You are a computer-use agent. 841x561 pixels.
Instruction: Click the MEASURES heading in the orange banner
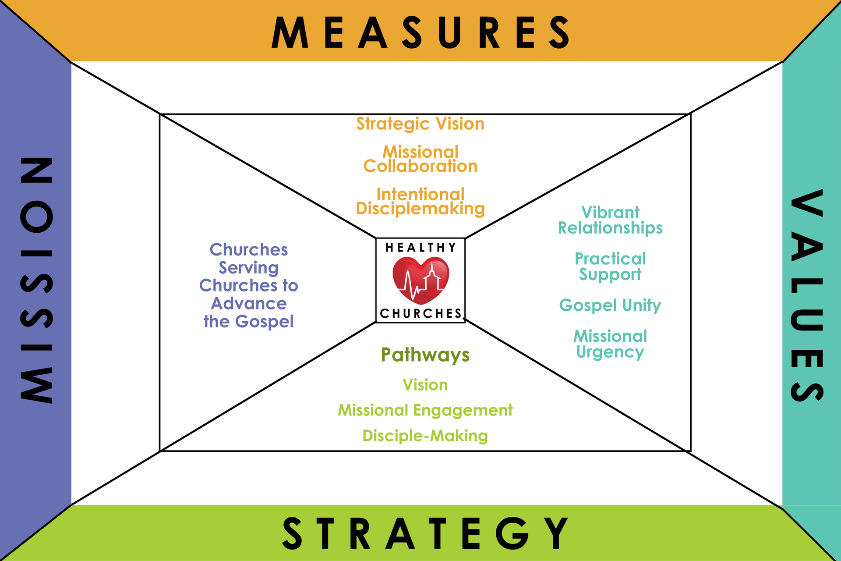tap(420, 32)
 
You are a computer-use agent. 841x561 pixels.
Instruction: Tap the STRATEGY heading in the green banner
tap(425, 533)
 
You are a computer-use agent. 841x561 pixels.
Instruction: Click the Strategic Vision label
tap(420, 124)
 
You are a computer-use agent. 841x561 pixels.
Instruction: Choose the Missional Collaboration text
tap(420, 159)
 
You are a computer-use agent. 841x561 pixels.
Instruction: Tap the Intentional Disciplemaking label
tap(420, 202)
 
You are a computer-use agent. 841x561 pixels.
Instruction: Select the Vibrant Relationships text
tap(610, 220)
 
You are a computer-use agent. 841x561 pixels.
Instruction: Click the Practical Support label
tap(610, 266)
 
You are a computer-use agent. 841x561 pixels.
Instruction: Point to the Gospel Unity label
tap(610, 305)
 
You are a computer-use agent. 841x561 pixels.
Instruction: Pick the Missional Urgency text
tap(610, 344)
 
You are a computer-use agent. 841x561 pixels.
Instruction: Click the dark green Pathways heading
tap(425, 355)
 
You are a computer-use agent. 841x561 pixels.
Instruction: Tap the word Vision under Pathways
tap(425, 385)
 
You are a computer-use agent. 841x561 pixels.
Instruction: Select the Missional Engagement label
tap(425, 410)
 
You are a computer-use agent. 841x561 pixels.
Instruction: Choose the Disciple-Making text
tap(425, 436)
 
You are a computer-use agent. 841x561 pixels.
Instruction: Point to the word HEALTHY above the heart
tap(420, 248)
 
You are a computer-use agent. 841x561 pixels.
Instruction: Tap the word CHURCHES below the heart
tap(420, 313)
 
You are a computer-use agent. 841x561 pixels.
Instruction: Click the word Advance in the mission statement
tap(249, 303)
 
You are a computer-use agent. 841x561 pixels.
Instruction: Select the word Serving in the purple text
tap(249, 268)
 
